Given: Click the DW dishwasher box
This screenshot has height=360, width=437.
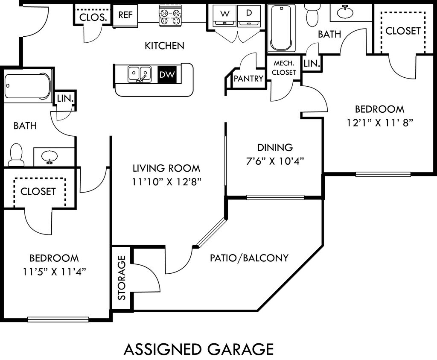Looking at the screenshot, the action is click(x=167, y=74).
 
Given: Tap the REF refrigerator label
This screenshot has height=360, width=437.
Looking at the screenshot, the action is click(x=125, y=15).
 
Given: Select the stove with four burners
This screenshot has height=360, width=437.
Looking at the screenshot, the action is click(x=169, y=16).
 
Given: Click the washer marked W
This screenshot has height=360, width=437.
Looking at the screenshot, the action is click(x=224, y=17).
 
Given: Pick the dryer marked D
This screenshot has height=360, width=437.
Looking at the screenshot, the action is click(x=249, y=17).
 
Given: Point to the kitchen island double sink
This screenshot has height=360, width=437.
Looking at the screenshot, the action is click(x=140, y=74).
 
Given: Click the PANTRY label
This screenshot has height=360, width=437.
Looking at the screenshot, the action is click(x=248, y=79).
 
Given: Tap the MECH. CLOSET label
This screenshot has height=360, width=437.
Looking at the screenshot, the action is click(x=284, y=68).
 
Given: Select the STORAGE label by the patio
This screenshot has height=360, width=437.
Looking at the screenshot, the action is click(x=122, y=278).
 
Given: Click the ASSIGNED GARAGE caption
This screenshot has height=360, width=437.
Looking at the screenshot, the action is click(x=198, y=349).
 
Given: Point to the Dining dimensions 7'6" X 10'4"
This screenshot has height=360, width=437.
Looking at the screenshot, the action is click(x=275, y=161).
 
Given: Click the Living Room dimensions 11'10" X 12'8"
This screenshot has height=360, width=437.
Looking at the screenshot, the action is click(x=166, y=182).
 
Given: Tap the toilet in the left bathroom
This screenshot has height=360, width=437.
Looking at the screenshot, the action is click(x=16, y=155).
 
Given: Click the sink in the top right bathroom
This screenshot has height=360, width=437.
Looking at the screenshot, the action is click(x=345, y=12).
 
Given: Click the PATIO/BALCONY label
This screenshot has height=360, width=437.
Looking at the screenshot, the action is click(x=249, y=258).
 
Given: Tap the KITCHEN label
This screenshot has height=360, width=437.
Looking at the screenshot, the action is click(x=164, y=46).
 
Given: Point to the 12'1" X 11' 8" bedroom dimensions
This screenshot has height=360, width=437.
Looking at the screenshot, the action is click(x=379, y=123).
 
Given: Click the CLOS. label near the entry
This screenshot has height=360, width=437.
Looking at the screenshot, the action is click(x=93, y=18).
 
